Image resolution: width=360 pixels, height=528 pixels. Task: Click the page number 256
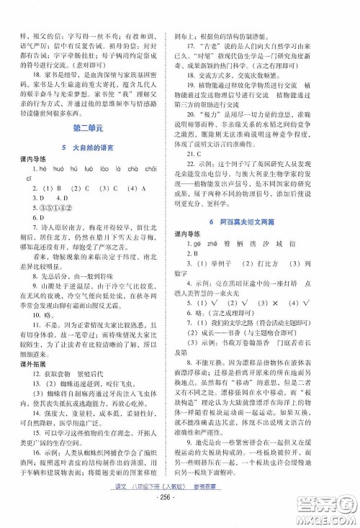(179, 516)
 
